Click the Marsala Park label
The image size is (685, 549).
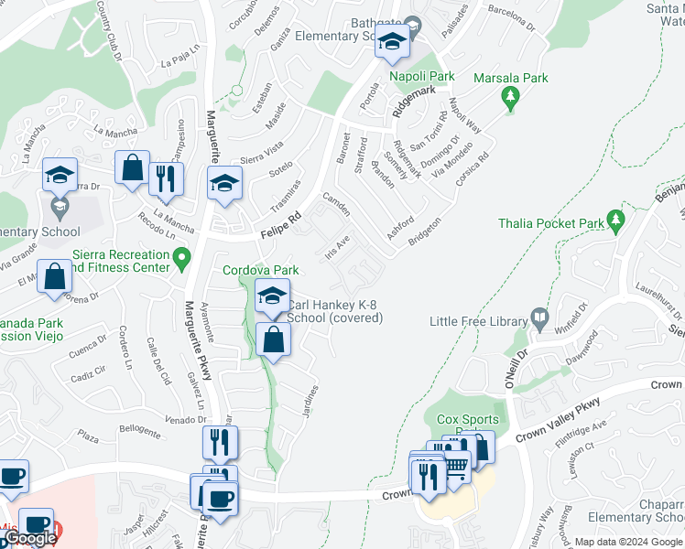click(511, 78)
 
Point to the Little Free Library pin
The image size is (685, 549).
click(539, 320)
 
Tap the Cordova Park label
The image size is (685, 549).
click(262, 271)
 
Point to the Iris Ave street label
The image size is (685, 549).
click(337, 247)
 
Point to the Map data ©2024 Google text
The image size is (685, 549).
click(629, 542)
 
